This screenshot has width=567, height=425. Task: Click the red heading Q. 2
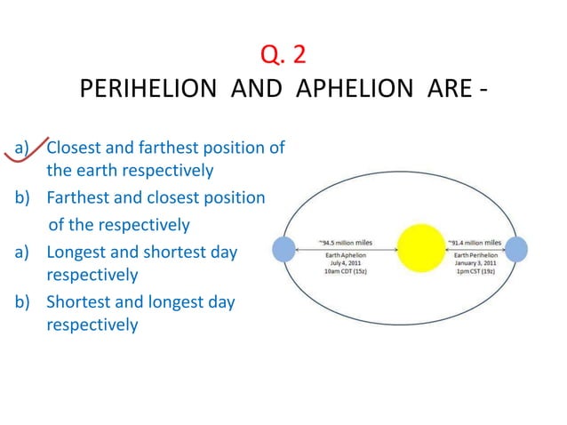point(283,55)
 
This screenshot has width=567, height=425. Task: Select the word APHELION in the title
point(342,92)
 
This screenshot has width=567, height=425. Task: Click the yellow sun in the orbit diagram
point(424,249)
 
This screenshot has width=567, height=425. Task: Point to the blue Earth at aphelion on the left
point(283,249)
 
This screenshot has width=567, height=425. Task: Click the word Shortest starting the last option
point(79,302)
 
